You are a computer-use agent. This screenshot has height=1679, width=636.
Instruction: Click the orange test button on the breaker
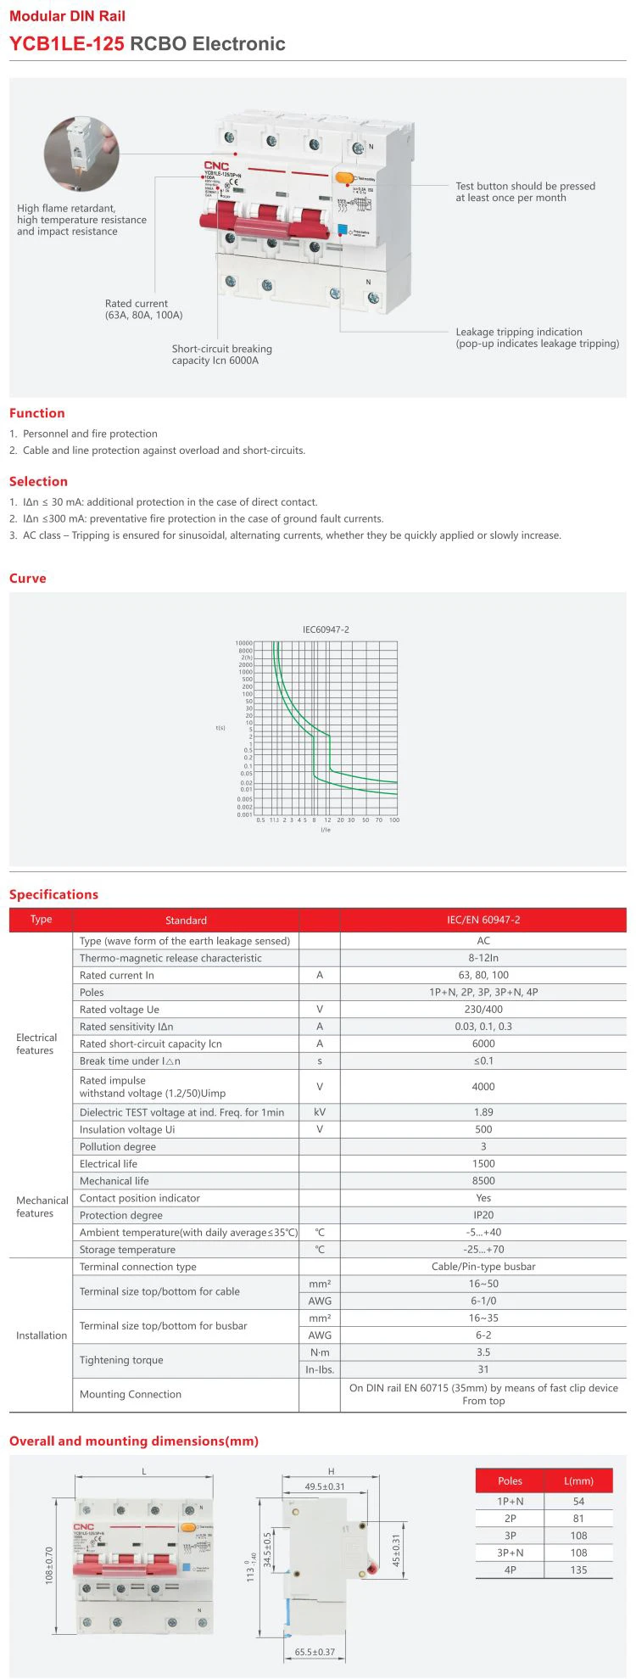[x=344, y=177]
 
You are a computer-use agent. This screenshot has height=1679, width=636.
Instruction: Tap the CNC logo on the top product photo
[x=216, y=165]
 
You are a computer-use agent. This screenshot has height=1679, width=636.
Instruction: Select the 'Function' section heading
[x=37, y=413]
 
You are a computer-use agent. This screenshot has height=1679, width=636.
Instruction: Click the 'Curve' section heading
[x=28, y=579]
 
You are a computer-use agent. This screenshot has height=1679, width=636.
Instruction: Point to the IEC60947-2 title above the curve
[x=326, y=630]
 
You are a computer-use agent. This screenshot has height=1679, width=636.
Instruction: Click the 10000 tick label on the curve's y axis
[x=243, y=643]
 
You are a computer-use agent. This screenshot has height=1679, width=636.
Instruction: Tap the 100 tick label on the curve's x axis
[x=394, y=820]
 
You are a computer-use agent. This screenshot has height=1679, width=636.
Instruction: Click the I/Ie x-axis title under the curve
[x=326, y=830]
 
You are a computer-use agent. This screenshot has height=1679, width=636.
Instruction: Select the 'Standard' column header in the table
[x=186, y=921]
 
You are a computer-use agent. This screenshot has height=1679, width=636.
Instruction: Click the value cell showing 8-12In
[x=483, y=958]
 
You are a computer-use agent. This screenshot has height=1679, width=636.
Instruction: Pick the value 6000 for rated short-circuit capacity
[x=483, y=1044]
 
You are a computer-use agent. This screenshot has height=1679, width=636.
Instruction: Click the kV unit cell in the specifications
[x=320, y=1112]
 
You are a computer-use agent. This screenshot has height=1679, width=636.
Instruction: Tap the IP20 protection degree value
[x=483, y=1215]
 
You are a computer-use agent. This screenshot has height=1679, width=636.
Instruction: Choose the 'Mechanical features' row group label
[x=42, y=1206]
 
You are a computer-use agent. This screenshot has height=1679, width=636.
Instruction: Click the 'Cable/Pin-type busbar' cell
[x=483, y=1267]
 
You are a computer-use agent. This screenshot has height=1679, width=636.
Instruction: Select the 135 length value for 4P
[x=578, y=1570]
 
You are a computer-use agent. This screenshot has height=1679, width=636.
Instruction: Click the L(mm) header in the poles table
[x=578, y=1480]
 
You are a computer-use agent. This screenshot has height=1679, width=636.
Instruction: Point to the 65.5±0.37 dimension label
[x=315, y=1652]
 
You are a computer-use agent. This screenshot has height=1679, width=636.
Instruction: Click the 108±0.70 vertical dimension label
[x=49, y=1565]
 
